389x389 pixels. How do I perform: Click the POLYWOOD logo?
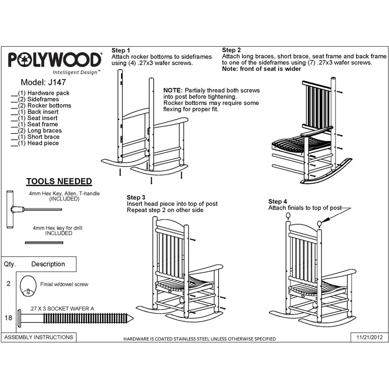tap(55, 63)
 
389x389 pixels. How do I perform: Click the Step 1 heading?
tap(121, 51)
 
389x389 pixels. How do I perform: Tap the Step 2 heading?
tap(231, 50)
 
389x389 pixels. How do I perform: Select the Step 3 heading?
tap(136, 197)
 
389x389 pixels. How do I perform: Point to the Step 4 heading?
tap(277, 201)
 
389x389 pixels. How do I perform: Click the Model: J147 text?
tap(43, 82)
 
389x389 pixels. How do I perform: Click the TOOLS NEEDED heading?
tap(59, 181)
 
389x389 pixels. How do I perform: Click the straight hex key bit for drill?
tap(44, 243)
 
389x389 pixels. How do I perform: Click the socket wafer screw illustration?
tap(75, 318)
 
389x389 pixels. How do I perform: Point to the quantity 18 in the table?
tap(8, 318)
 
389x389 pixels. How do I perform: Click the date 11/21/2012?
tap(370, 337)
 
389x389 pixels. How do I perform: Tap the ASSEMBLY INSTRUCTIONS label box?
tap(39, 337)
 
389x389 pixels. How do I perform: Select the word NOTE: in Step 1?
tap(173, 90)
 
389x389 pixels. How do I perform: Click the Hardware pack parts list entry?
tap(40, 93)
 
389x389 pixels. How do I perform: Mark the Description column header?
tap(48, 264)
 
